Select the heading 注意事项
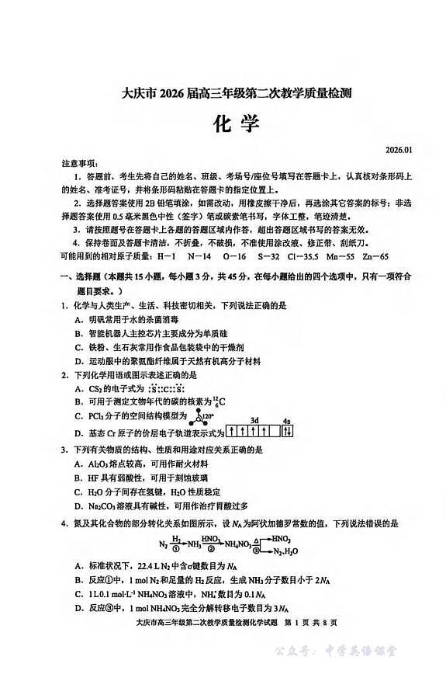[79, 164]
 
